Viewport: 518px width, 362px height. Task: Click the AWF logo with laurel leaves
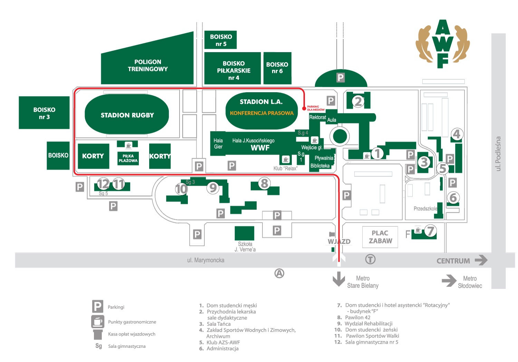click(x=443, y=44)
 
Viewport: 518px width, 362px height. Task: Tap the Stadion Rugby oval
click(x=127, y=114)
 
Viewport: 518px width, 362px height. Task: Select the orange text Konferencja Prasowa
click(x=261, y=113)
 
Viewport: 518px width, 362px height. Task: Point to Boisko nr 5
click(x=221, y=40)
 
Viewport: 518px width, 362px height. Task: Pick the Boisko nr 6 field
click(x=277, y=68)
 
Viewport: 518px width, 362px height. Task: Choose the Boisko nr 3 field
click(x=44, y=112)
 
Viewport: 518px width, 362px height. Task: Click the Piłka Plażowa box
click(x=128, y=158)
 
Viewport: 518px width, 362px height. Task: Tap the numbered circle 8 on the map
click(x=264, y=183)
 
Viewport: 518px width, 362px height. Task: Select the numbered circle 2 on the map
click(x=358, y=101)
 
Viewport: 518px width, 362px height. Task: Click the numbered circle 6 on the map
click(x=453, y=197)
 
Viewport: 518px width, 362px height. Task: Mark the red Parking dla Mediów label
click(x=316, y=108)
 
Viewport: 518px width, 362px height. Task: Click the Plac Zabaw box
click(x=380, y=237)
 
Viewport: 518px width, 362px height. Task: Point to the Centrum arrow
click(x=481, y=260)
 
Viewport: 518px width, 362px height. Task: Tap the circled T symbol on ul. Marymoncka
click(x=370, y=259)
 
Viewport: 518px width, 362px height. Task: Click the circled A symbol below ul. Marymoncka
click(x=279, y=273)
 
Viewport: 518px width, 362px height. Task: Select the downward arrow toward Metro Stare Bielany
click(x=339, y=279)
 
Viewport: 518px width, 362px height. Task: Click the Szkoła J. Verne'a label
click(x=245, y=246)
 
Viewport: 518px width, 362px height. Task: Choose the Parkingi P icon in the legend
click(x=98, y=306)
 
